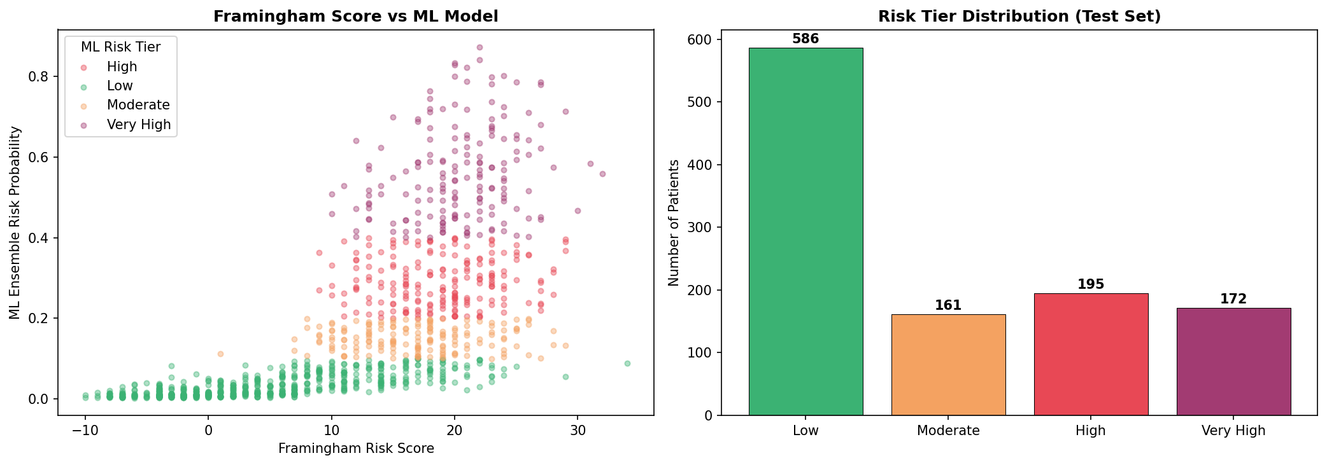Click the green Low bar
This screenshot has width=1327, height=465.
[805, 232]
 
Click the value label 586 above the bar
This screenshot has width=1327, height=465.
[805, 39]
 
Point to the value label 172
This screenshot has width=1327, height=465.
[1233, 299]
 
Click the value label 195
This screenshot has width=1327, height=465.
[1091, 284]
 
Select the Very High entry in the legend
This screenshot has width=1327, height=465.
[139, 125]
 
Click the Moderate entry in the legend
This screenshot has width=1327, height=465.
[138, 105]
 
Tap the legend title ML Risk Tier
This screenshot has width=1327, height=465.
[120, 47]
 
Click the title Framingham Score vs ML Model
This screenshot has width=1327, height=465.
[355, 17]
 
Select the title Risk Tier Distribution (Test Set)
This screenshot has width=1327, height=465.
[1019, 17]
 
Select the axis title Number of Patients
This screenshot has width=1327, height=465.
[674, 223]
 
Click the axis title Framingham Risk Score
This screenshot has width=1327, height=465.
[356, 448]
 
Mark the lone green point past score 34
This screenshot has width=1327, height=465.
[627, 363]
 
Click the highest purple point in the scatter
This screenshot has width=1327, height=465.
[479, 47]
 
